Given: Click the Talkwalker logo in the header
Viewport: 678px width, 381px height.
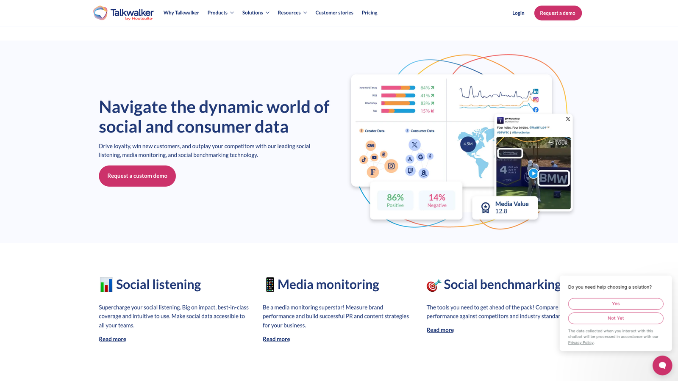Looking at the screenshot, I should tap(123, 13).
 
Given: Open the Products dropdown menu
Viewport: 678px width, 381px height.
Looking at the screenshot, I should tap(220, 13).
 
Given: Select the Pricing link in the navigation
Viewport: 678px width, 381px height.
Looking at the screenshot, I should tap(370, 13).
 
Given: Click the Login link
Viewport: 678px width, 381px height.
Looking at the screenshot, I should tap(518, 13).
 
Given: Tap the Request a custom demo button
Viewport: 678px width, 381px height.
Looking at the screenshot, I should tap(137, 176).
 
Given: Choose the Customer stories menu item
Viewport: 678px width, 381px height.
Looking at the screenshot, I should tap(334, 13).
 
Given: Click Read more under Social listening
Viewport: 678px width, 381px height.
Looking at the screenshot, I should tap(112, 339).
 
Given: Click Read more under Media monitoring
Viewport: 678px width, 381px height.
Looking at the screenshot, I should tap(276, 339).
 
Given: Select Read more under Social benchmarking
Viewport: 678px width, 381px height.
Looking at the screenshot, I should tap(440, 330).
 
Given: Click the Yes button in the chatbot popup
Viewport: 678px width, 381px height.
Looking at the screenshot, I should tap(615, 304).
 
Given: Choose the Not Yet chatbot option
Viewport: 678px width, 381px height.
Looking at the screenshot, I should tap(615, 318).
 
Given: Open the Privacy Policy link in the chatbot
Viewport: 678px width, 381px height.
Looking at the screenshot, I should tap(581, 342).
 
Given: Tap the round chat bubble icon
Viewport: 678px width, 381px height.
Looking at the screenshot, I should tap(662, 365).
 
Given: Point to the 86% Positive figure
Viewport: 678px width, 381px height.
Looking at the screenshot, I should tap(395, 200).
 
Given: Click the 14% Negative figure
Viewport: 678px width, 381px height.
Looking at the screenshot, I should tap(437, 200).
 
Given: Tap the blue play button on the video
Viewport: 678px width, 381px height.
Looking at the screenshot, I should tap(533, 173).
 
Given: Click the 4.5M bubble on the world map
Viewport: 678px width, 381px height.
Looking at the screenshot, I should tap(468, 144).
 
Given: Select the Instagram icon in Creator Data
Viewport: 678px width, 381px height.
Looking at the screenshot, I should tap(391, 166).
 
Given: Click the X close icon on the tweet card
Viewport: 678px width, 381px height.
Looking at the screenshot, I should tap(568, 119).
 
